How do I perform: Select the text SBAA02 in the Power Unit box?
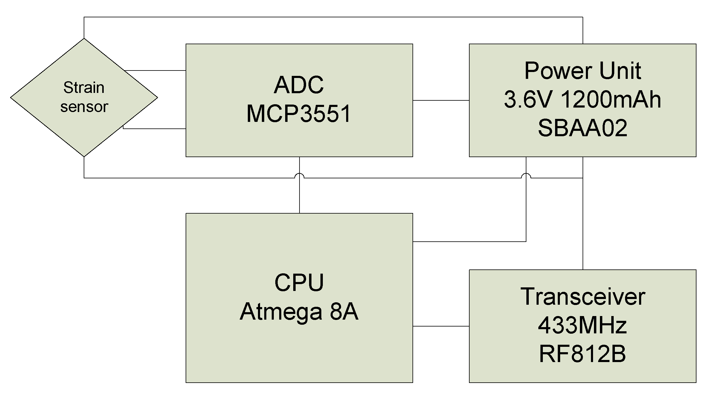[x=582, y=128]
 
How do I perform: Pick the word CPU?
[x=299, y=282]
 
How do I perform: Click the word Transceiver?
[x=583, y=297]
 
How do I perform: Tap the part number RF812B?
[x=582, y=354]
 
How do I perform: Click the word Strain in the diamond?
[x=84, y=88]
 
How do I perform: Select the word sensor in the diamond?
[x=84, y=107]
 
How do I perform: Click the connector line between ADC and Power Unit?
[x=441, y=100]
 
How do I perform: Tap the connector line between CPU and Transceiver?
[x=441, y=326]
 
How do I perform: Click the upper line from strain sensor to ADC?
[x=155, y=70]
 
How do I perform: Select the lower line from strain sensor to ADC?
[x=155, y=129]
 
